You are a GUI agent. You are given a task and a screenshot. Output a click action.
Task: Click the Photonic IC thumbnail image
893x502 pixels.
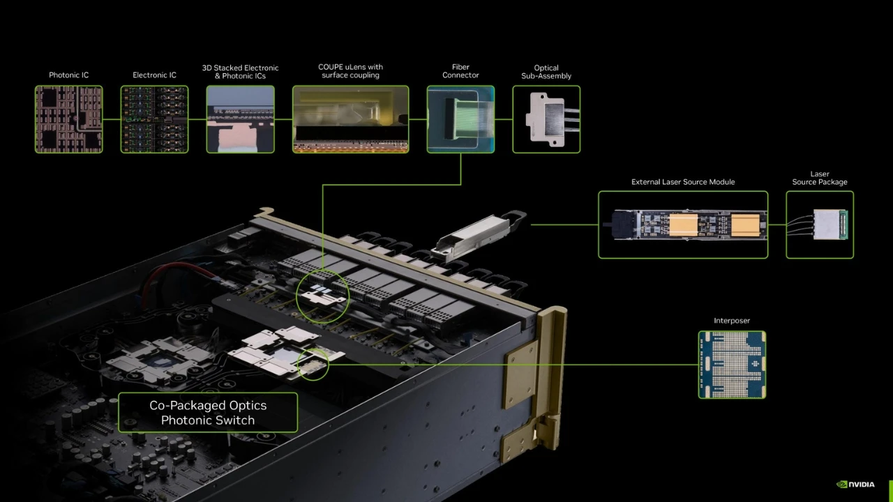click(69, 119)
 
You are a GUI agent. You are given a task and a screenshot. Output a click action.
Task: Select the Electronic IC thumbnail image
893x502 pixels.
click(154, 119)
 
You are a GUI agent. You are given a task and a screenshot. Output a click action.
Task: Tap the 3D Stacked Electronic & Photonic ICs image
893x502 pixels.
click(240, 119)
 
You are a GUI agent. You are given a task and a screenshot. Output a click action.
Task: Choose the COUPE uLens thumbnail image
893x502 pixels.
click(350, 119)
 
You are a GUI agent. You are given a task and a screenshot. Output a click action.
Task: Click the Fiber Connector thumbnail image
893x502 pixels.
click(460, 119)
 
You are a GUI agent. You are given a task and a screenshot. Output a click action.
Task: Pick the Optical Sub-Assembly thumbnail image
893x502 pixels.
click(546, 119)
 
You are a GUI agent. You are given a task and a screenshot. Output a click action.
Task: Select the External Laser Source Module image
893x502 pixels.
click(683, 225)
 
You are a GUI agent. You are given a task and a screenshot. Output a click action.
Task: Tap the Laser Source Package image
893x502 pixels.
click(820, 225)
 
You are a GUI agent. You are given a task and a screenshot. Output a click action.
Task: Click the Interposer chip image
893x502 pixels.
click(732, 365)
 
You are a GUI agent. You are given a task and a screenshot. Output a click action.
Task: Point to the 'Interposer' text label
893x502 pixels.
click(732, 321)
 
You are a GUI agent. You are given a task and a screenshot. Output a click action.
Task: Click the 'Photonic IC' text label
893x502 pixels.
click(68, 75)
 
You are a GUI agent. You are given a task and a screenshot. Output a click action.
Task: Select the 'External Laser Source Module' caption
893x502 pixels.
click(683, 182)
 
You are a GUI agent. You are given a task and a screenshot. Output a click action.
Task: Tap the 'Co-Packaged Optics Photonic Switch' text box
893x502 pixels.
click(208, 413)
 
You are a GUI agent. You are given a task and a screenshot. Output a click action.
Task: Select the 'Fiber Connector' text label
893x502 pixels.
click(460, 71)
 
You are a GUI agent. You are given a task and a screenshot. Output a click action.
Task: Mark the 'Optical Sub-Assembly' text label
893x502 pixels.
click(546, 72)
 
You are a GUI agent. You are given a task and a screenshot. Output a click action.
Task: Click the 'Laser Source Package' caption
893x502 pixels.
click(820, 178)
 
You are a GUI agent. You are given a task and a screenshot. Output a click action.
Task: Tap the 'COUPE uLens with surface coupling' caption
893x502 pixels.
click(350, 71)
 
